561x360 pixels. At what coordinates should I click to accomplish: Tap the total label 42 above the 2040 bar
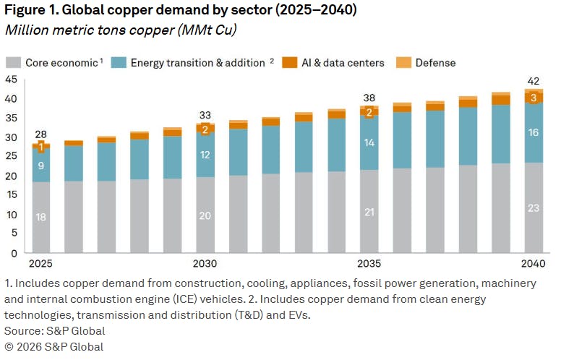534,81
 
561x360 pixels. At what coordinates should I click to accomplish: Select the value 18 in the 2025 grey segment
41,217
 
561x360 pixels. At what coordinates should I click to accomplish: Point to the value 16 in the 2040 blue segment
534,132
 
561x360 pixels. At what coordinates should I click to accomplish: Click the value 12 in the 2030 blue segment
205,155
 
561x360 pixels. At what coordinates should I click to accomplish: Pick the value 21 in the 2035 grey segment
369,211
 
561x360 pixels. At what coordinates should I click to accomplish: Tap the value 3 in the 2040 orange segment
534,98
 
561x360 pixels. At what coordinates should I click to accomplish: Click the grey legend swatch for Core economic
13,63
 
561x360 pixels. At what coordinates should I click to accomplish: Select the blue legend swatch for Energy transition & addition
119,63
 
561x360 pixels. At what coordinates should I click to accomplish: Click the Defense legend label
435,63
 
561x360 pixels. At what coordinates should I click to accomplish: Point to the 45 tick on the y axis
11,80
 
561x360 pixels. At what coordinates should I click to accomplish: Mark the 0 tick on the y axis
14,254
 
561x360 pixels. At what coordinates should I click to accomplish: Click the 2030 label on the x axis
205,265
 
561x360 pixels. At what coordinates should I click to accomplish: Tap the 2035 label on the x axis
369,265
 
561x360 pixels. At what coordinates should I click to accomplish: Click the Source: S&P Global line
54,330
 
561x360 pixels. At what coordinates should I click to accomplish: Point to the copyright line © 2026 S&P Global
53,346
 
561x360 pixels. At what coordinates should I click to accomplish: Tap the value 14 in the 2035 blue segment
369,143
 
